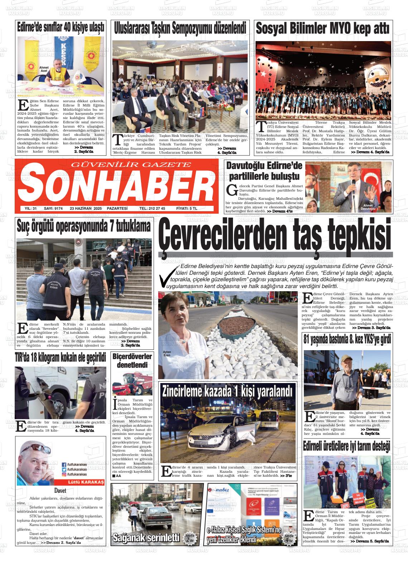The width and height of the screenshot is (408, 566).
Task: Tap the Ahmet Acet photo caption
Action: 44,69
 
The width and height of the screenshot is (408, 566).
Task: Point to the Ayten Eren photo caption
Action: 167,354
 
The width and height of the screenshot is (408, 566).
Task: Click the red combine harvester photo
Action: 132,383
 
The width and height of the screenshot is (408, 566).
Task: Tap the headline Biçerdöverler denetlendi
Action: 132,361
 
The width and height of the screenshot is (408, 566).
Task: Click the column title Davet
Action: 60,491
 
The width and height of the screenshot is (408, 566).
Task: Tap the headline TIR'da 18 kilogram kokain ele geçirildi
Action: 60,358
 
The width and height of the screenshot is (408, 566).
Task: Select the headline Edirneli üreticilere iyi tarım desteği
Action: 347,446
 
